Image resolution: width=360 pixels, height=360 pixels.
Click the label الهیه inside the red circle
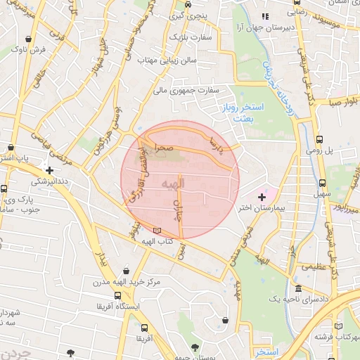coord(172,184)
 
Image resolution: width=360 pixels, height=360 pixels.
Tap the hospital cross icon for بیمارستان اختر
coord(263,196)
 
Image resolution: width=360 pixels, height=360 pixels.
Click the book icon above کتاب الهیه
coord(156,231)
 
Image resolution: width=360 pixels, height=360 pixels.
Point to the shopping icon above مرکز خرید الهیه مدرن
coord(126,271)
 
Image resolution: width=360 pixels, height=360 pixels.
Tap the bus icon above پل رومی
coord(320,140)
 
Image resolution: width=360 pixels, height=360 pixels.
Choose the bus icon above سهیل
coord(321,182)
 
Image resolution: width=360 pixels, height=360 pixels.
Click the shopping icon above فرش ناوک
coord(27,39)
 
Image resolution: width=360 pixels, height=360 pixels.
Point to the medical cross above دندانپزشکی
coord(49,170)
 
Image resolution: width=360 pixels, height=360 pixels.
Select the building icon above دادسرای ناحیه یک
coord(298,288)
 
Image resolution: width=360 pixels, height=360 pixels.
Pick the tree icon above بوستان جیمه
coord(194,347)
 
